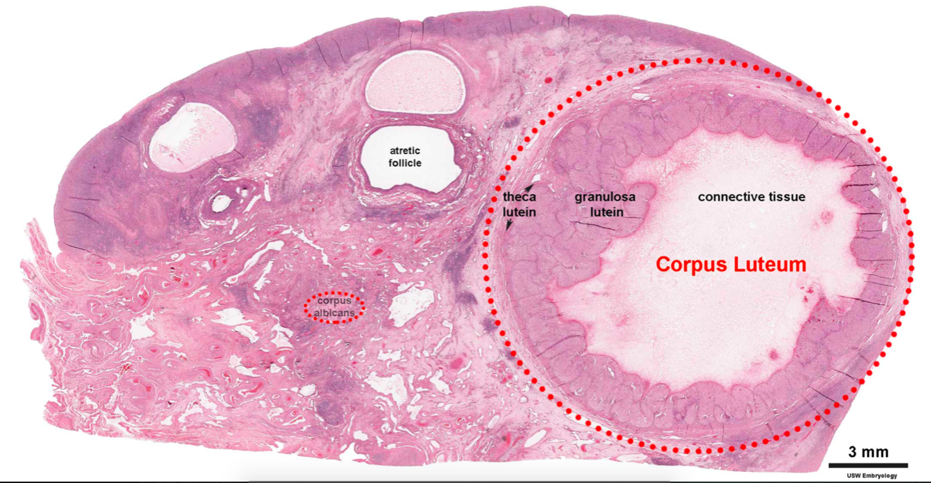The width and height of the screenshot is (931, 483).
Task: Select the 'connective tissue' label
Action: click(752, 197)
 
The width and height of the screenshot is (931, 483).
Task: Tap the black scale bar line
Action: click(867, 464)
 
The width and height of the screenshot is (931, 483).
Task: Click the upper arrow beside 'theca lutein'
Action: click(530, 187)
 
